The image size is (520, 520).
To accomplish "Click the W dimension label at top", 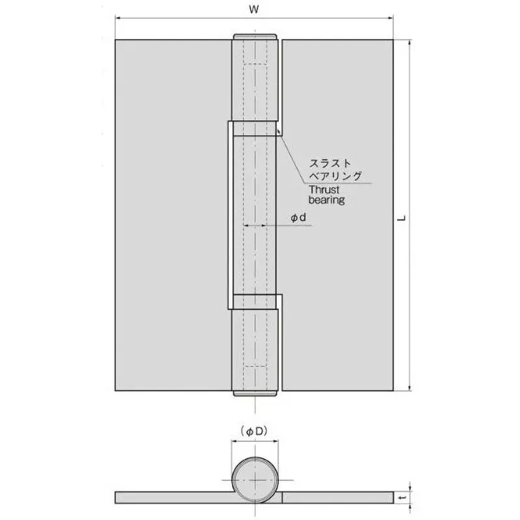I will click(254, 10).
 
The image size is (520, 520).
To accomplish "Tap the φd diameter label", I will click(298, 218).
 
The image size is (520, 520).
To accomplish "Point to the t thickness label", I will click(404, 497).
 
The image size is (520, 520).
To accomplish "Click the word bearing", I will click(326, 201).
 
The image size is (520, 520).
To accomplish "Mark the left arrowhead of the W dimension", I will click(118, 19).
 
